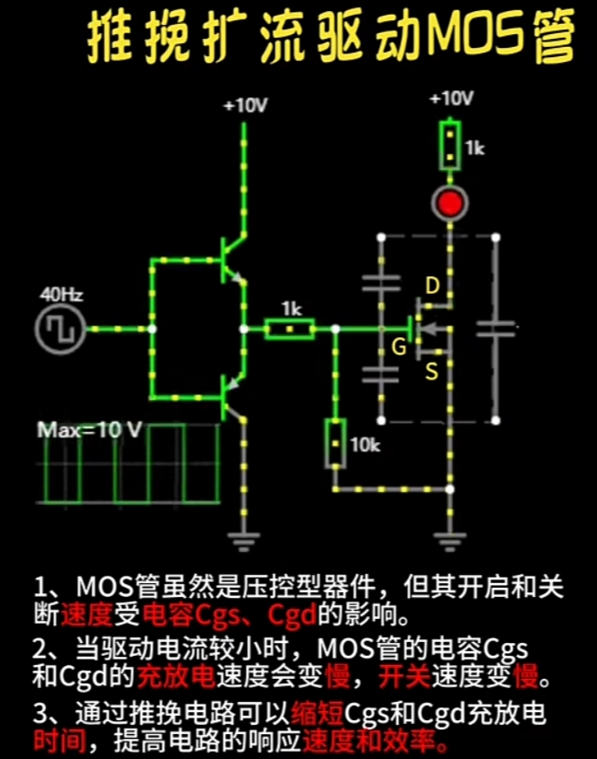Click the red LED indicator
[450, 204]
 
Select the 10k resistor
[334, 444]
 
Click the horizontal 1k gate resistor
[290, 328]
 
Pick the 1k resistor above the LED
[450, 146]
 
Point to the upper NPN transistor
[230, 262]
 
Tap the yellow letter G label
[399, 348]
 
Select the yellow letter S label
[430, 370]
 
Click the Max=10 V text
[89, 430]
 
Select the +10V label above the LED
[451, 99]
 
